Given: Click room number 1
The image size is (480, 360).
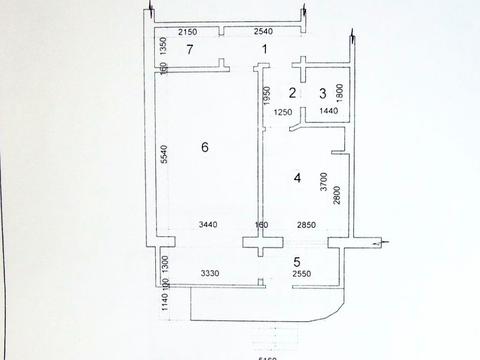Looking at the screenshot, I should pos(265,49).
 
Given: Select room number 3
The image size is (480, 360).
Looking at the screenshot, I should pos(322,93).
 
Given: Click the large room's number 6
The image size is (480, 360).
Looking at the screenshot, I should pos(204,147).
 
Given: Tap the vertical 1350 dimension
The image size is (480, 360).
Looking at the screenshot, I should pos(163,46).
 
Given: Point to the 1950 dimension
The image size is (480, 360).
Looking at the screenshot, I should pos(268,98).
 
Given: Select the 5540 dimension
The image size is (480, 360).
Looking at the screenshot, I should pos(163,155).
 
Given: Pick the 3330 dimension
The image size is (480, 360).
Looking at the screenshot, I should pos(209,273).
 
